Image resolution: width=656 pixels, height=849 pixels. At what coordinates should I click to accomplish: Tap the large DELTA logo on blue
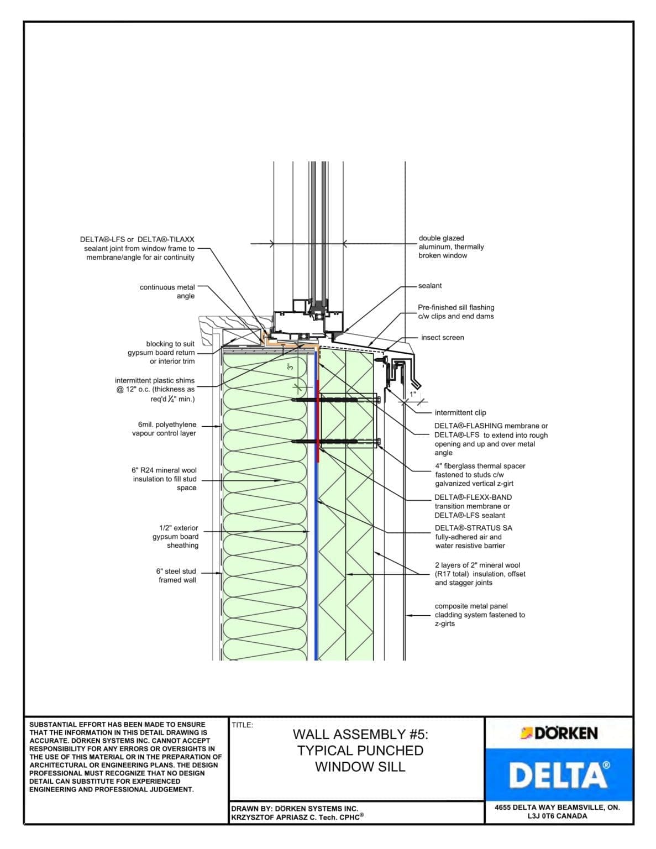[559, 775]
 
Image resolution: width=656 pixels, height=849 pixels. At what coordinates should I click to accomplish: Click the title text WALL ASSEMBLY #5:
[360, 735]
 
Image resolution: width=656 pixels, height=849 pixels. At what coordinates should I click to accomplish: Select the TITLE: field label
[242, 725]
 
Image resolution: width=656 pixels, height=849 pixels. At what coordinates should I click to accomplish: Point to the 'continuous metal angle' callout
[167, 291]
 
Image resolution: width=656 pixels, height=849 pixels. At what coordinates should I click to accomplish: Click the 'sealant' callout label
[430, 286]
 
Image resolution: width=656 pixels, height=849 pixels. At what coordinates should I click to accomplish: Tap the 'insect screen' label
[442, 338]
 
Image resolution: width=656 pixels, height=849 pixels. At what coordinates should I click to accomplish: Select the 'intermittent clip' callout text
[460, 413]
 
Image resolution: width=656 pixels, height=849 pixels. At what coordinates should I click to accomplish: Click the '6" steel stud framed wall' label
[176, 575]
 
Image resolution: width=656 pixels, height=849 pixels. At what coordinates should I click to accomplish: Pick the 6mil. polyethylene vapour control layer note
[164, 429]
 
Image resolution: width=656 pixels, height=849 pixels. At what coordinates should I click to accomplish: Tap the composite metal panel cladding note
[479, 615]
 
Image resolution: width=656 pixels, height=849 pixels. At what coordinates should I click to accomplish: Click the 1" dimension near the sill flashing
[412, 395]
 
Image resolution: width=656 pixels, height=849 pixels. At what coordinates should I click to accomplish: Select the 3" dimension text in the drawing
[289, 366]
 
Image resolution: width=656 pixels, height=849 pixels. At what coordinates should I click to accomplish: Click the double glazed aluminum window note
[451, 247]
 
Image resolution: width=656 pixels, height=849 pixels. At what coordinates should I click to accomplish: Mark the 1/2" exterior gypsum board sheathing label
[176, 537]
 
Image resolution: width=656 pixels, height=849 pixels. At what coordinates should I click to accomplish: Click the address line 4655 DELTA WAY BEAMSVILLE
[557, 807]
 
